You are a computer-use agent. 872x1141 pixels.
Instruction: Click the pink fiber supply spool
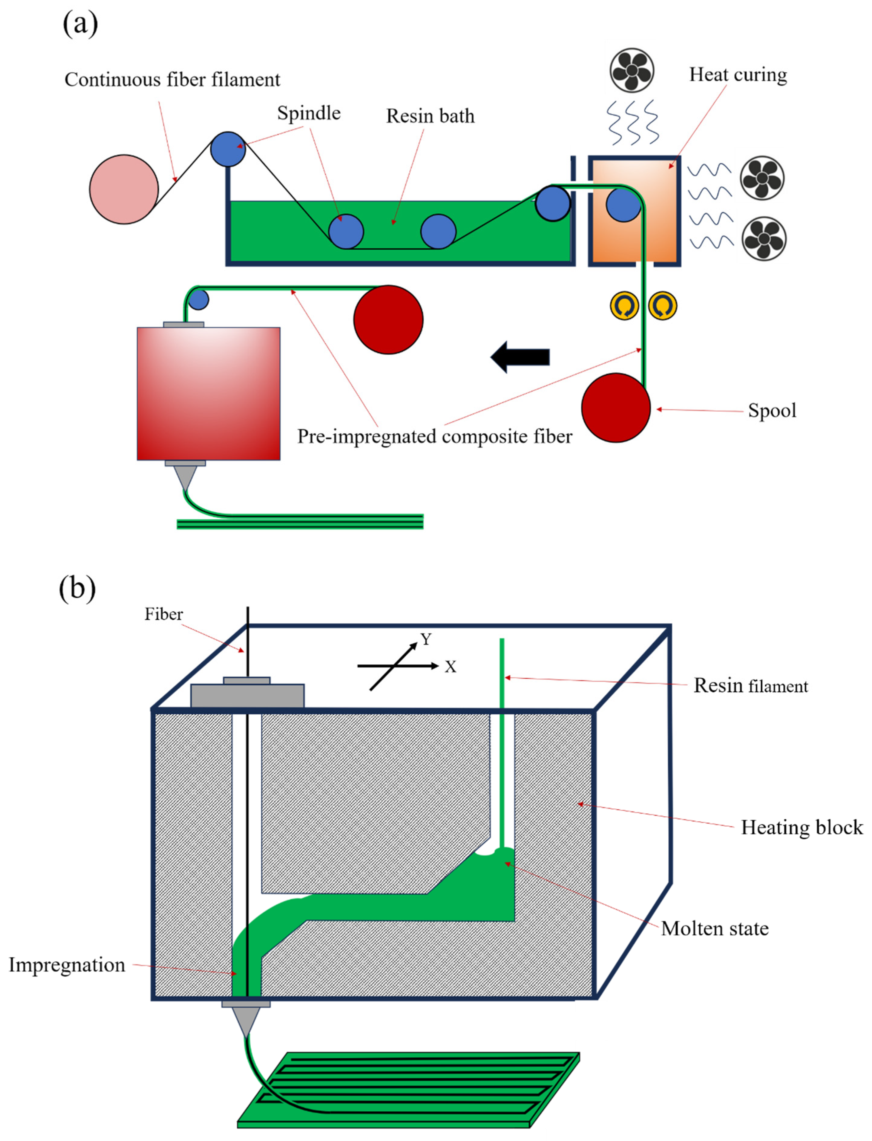coord(124,189)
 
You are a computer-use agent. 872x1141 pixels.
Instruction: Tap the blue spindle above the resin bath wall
coord(228,149)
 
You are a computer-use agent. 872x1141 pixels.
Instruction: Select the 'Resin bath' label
coord(430,116)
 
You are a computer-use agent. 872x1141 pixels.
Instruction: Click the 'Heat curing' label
coord(738,75)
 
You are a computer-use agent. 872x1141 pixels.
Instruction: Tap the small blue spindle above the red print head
coord(198,300)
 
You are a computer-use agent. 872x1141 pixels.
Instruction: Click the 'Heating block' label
coord(802,827)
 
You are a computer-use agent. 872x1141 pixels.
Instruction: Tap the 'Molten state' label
coord(715,928)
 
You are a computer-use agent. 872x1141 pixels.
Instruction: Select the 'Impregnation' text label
coord(67,965)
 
